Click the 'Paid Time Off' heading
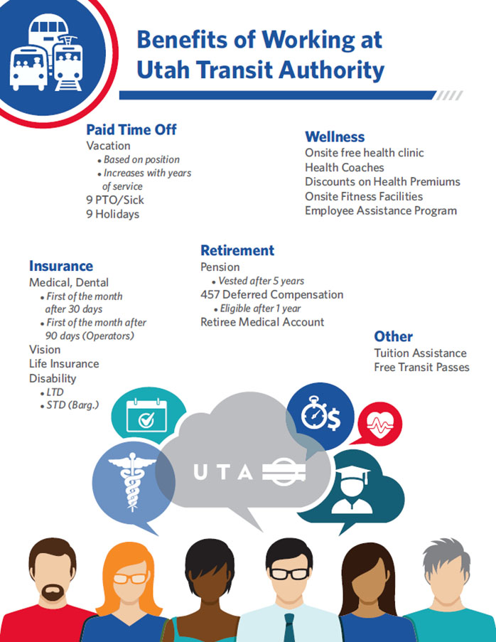pyautogui.click(x=131, y=129)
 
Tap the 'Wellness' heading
pyautogui.click(x=335, y=137)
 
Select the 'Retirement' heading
pyautogui.click(x=237, y=250)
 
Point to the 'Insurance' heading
pyautogui.click(x=61, y=266)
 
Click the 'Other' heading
pyautogui.click(x=393, y=336)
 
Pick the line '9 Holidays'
pyautogui.click(x=112, y=214)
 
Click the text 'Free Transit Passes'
pyautogui.click(x=421, y=368)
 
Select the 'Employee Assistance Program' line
pyautogui.click(x=381, y=210)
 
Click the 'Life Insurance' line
pyautogui.click(x=64, y=363)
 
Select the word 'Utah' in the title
pyautogui.click(x=167, y=70)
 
